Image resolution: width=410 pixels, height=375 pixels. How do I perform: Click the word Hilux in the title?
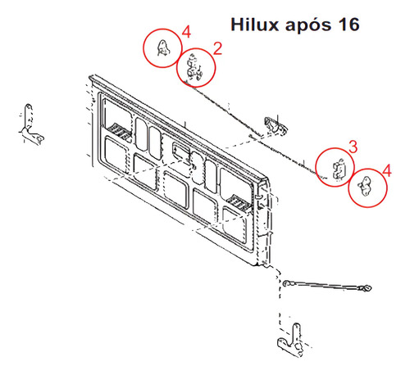point(254,25)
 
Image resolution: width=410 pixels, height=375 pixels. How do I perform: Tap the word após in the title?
point(307,26)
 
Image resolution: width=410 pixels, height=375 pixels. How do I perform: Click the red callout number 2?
point(217,48)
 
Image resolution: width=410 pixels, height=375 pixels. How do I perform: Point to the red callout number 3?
point(353,147)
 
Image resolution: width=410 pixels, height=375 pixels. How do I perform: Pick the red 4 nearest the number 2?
point(186,32)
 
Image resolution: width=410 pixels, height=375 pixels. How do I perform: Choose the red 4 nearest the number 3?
point(387,170)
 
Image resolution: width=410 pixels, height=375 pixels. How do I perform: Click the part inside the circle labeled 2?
point(194,68)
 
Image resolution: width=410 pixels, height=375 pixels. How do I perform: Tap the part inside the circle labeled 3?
point(339,169)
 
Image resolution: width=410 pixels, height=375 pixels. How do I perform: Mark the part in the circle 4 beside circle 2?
point(163,47)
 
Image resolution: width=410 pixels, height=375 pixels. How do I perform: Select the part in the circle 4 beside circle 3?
point(365,186)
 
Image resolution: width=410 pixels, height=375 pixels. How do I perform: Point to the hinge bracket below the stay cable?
point(291,340)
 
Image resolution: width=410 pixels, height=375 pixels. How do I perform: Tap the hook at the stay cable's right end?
point(366,287)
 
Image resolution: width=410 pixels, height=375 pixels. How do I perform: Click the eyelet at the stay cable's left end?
point(287,283)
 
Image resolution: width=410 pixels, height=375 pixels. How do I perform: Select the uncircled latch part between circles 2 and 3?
point(276,126)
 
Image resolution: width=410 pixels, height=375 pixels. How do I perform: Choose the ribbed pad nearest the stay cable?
point(239,203)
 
